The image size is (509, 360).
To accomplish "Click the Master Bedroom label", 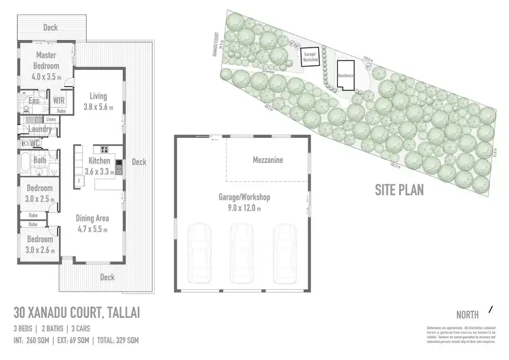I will click(x=45, y=61).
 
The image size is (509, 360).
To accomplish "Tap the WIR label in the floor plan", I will click(x=59, y=101).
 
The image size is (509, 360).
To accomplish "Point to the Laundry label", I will click(x=41, y=128).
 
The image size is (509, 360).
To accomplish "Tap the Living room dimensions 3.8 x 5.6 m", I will click(x=98, y=107).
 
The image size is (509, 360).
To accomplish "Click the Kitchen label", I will click(x=99, y=161).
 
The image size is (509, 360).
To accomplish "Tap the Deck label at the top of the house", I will click(x=50, y=28).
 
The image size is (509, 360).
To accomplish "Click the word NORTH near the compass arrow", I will click(x=468, y=314).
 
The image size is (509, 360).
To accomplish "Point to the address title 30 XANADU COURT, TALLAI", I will click(x=77, y=314).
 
